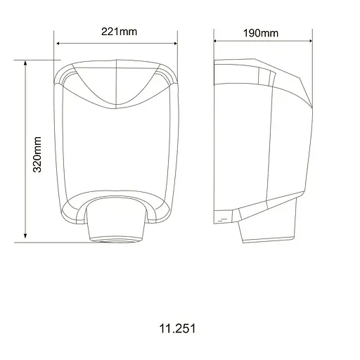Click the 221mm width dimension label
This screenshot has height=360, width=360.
[116, 32]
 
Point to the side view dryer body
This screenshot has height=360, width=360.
[260, 141]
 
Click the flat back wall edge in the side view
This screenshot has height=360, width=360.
[214, 141]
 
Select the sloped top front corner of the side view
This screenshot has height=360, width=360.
[295, 84]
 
